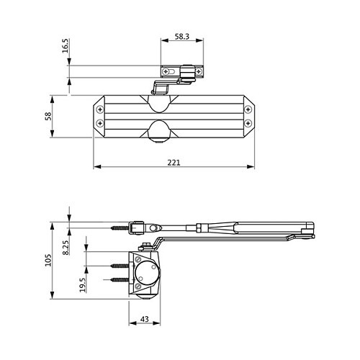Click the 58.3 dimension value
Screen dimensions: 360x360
click(x=182, y=37)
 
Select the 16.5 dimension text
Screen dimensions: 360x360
click(x=65, y=45)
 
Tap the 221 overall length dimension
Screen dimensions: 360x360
click(x=174, y=163)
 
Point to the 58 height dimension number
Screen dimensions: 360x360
click(x=48, y=116)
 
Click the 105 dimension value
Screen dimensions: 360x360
click(x=48, y=260)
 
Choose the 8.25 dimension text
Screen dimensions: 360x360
click(x=66, y=248)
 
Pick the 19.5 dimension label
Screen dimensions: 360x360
click(x=83, y=285)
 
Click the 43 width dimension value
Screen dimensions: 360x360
click(x=145, y=319)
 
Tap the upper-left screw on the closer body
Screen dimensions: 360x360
click(x=100, y=109)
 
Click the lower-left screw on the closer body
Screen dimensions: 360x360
click(x=100, y=124)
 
